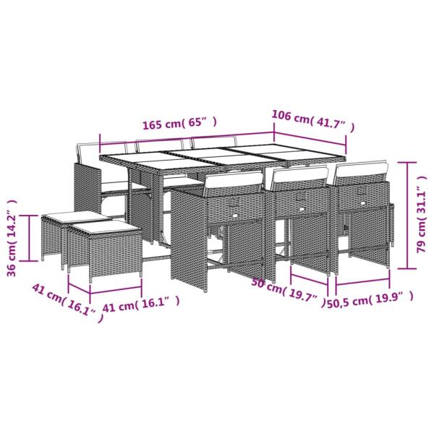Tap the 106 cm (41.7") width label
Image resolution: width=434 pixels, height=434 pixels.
tap(312, 116)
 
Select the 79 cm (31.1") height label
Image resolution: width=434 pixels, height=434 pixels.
tap(420, 210)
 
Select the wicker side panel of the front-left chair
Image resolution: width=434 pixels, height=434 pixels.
tap(187, 239)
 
